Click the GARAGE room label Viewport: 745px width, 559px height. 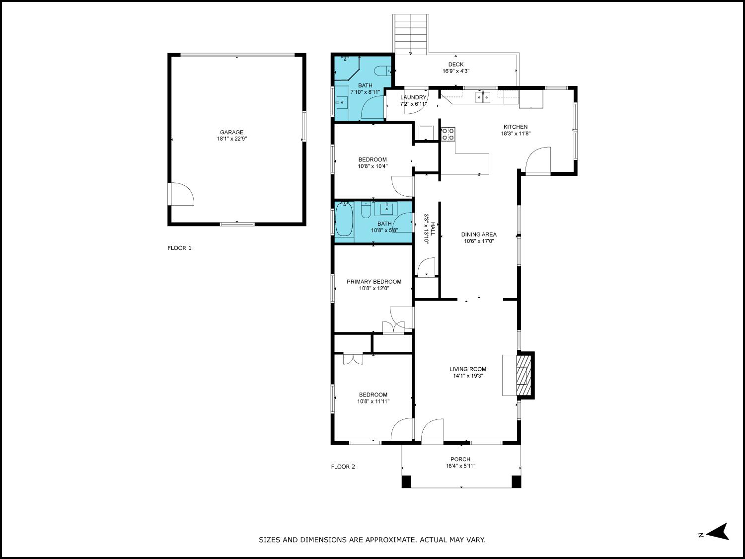[231, 132]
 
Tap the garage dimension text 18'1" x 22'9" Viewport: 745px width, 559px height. [232, 139]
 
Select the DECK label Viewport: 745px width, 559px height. [456, 65]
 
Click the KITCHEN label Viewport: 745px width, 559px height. [516, 127]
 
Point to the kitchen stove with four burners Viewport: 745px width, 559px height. [448, 134]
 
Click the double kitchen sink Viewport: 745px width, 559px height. [483, 98]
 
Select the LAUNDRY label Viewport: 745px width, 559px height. [413, 97]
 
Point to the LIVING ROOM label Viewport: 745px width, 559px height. [468, 369]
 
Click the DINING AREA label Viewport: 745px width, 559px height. [479, 235]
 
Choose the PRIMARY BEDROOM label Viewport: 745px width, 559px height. [374, 282]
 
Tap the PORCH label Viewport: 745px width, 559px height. [460, 459]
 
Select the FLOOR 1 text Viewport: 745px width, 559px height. [180, 248]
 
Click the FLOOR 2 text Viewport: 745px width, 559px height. [343, 467]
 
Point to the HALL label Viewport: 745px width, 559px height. [433, 229]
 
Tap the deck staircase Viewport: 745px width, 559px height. [411, 34]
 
